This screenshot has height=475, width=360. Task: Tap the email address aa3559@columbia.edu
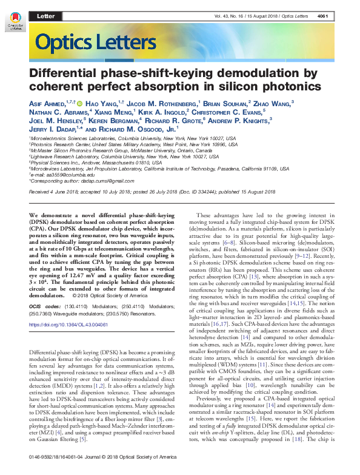(63, 174)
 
